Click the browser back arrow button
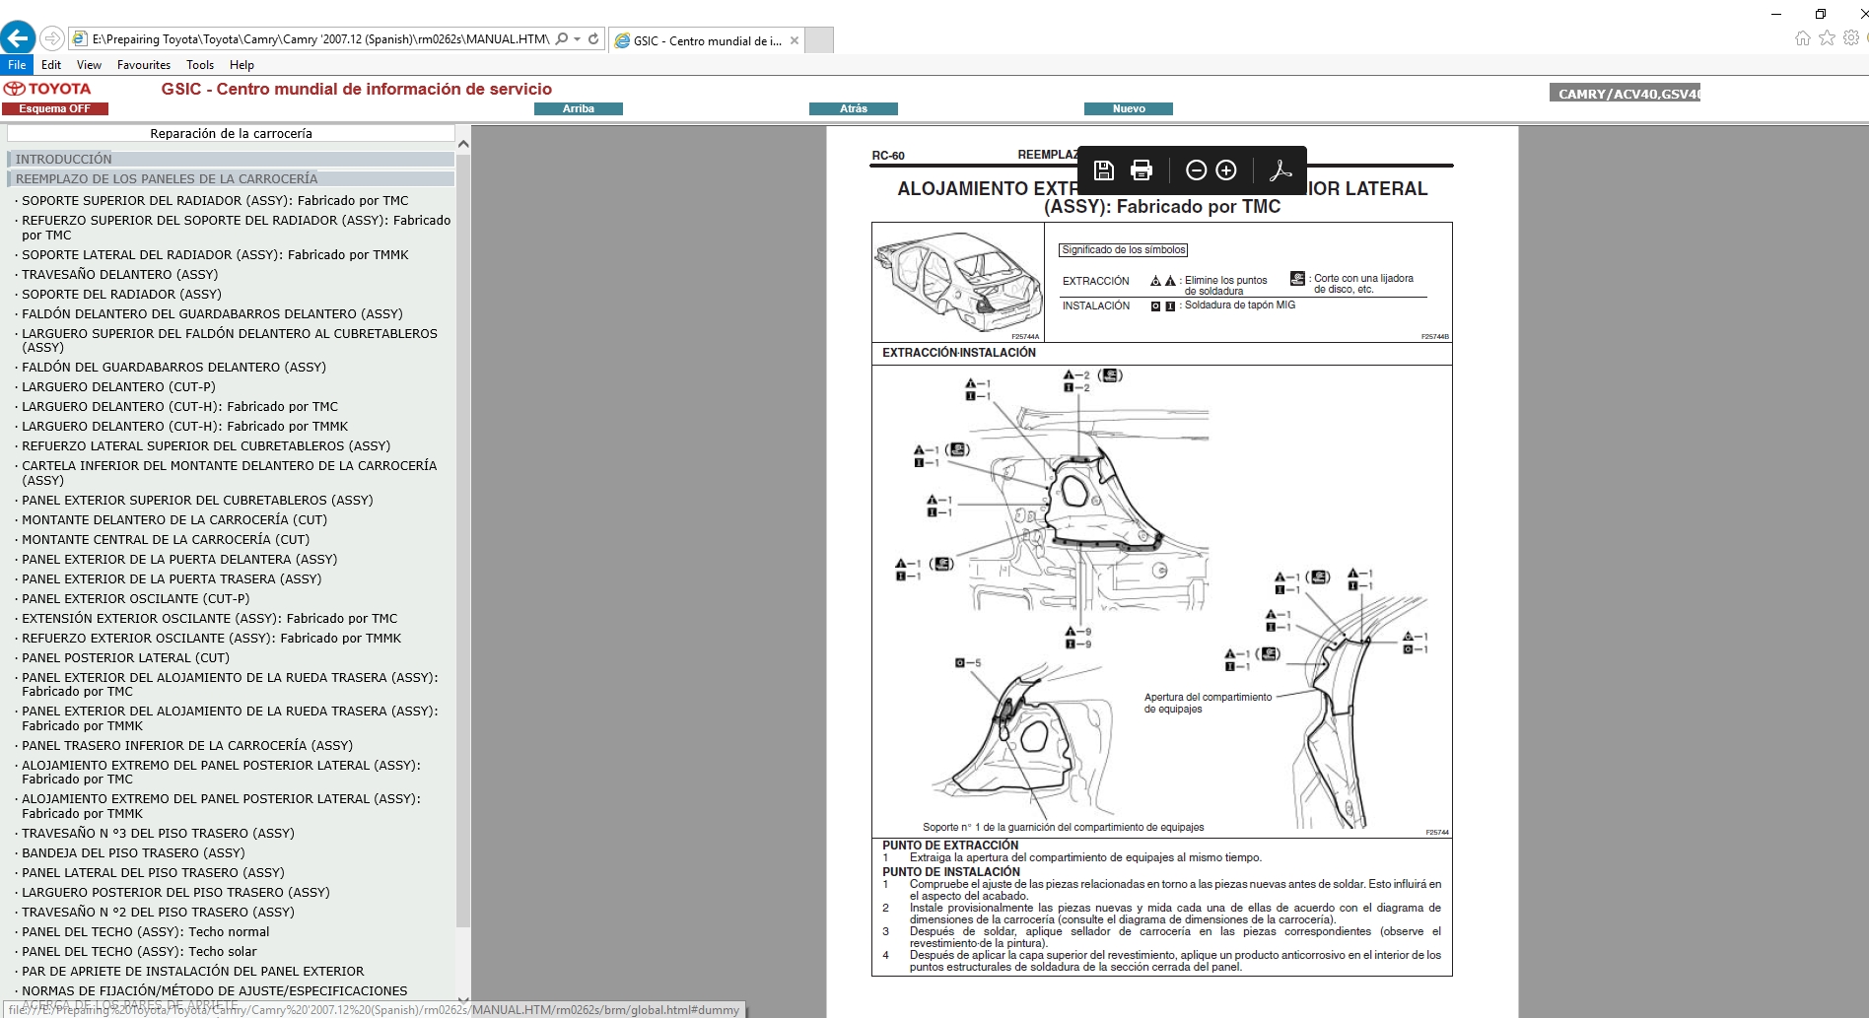[x=17, y=38]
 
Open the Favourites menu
[x=143, y=65]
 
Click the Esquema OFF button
[x=54, y=108]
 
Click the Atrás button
[x=853, y=108]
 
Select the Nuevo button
[x=1128, y=108]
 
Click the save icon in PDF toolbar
[x=1103, y=170]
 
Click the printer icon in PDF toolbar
[x=1141, y=170]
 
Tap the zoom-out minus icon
[x=1196, y=170]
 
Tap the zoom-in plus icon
[x=1226, y=170]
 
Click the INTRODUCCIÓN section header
[x=64, y=159]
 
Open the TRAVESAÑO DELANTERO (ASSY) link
[x=119, y=274]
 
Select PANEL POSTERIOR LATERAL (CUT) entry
[x=125, y=657]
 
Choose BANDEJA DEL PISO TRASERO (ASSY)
[x=133, y=852]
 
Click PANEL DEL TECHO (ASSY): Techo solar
[x=139, y=951]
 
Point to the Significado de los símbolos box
[x=1123, y=250]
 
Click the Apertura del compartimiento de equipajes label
[x=1207, y=703]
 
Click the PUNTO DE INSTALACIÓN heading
[x=950, y=871]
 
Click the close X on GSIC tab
[x=794, y=40]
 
